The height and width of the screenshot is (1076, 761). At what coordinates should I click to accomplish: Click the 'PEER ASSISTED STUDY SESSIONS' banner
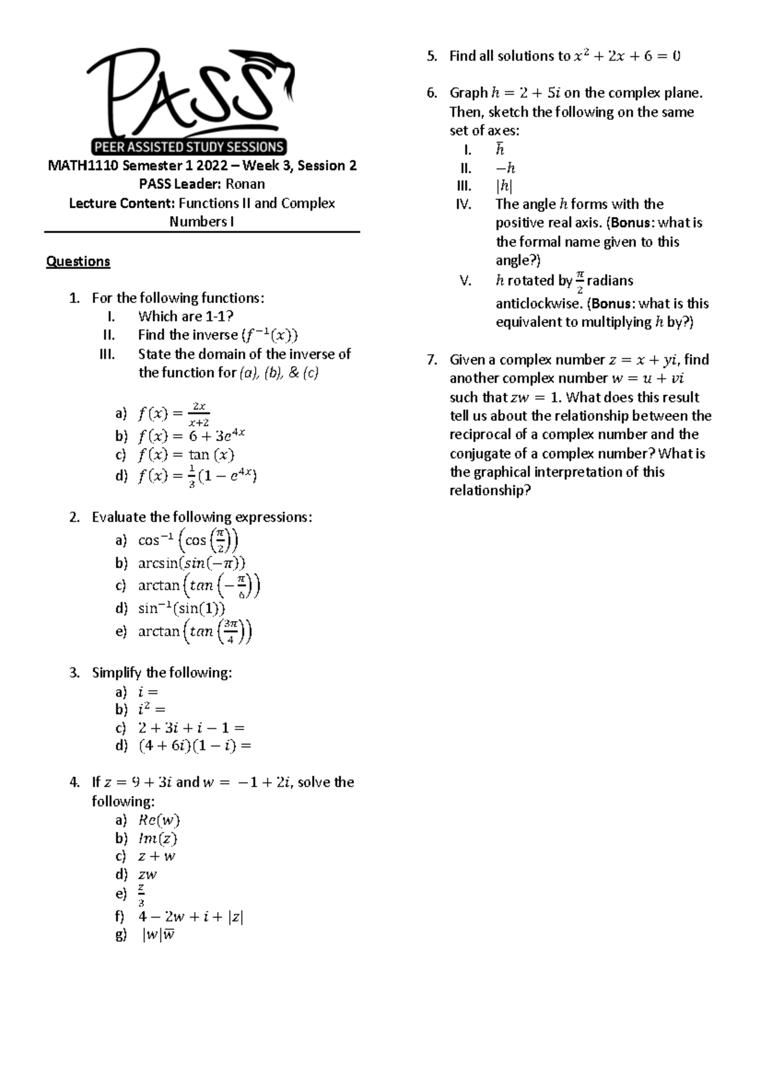189,147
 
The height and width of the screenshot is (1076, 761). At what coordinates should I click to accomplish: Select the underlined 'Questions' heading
78,262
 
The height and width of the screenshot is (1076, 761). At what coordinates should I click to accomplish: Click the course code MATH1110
84,166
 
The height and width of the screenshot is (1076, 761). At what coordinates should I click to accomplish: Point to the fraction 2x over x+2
199,414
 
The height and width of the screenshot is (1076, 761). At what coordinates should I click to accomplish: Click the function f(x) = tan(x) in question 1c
186,455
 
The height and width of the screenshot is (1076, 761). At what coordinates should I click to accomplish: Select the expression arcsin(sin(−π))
192,563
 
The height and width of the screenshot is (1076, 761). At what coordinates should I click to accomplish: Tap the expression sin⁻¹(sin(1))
181,609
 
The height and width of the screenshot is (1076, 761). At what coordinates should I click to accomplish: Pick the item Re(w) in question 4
159,820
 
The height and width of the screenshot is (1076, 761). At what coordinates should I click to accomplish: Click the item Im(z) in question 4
157,838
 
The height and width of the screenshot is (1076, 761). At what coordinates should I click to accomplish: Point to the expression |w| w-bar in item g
159,935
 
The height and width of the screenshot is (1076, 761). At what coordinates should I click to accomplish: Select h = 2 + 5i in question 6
526,93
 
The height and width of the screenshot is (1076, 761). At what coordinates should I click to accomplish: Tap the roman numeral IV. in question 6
464,204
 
